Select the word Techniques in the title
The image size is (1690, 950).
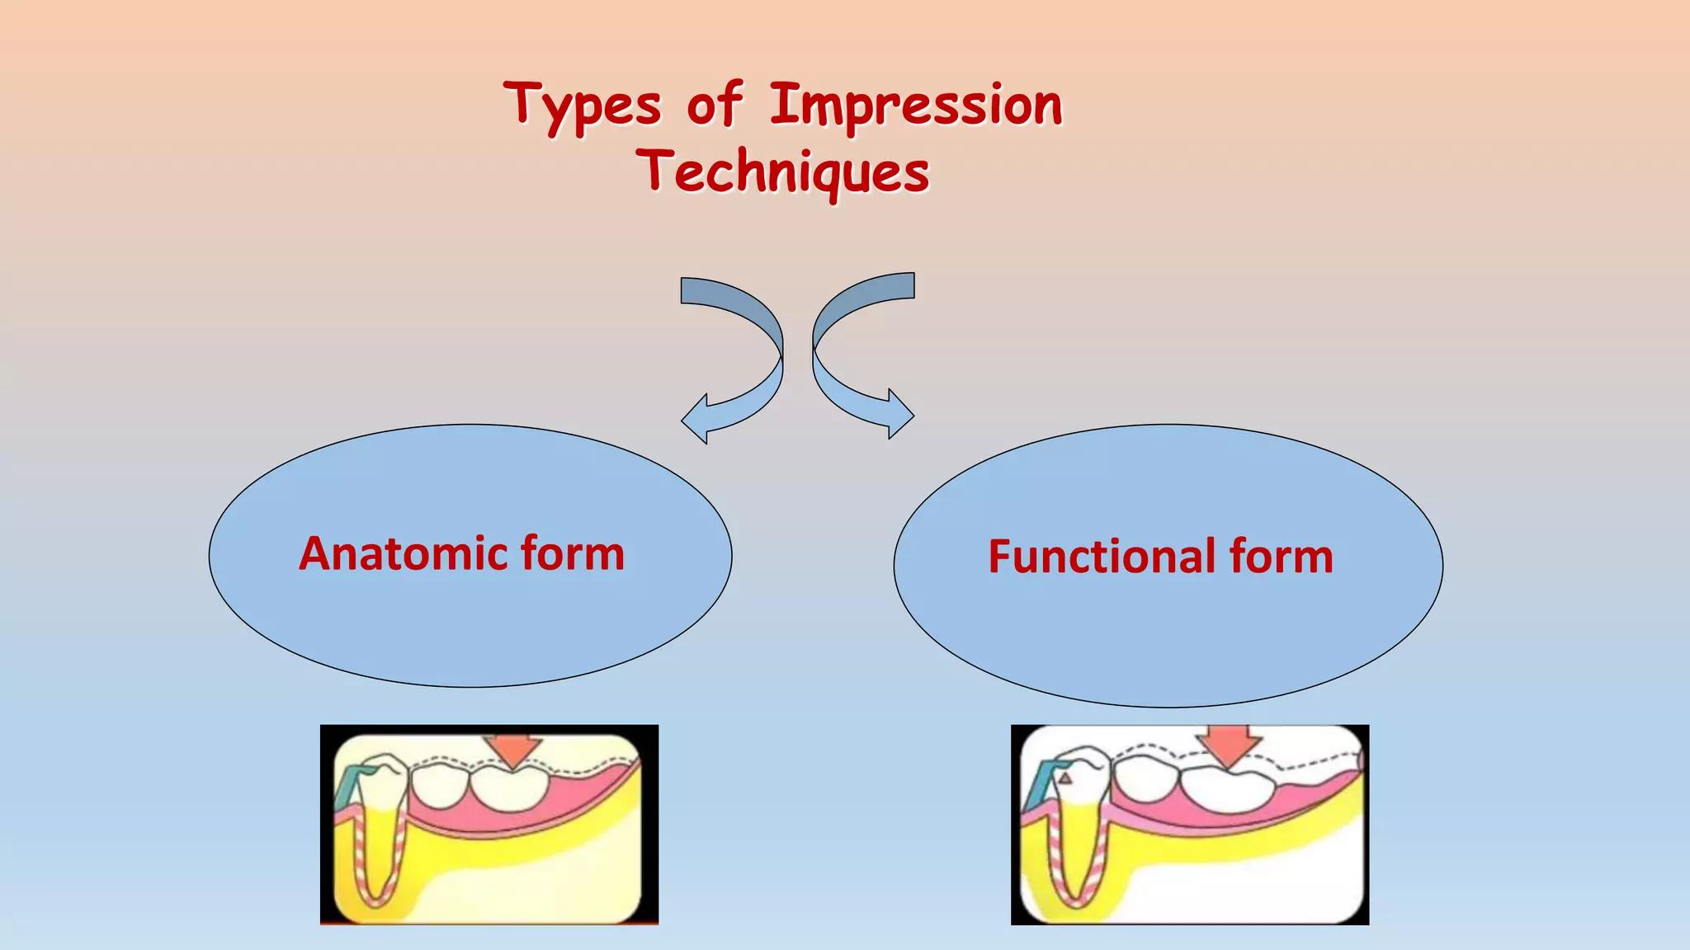click(x=783, y=173)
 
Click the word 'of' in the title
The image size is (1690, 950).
click(x=715, y=106)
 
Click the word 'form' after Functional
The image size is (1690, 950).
click(x=1281, y=557)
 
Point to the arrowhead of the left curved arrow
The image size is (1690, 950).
click(x=695, y=419)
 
